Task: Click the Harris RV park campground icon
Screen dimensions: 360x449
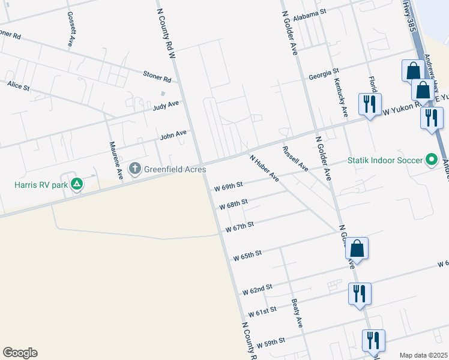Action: tap(76, 184)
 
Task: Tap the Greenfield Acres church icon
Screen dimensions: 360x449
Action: tap(136, 168)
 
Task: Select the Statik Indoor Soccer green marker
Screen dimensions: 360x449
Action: tap(431, 160)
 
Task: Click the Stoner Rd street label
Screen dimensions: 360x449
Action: tap(157, 76)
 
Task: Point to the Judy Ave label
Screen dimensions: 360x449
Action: tap(166, 106)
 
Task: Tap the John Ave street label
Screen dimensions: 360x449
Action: tap(173, 135)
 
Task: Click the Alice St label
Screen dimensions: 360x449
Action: tap(19, 86)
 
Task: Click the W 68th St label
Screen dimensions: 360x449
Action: tap(234, 205)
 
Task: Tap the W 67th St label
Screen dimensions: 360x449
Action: tap(240, 226)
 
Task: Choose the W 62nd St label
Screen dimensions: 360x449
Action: tap(258, 289)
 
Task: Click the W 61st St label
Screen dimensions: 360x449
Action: tap(262, 312)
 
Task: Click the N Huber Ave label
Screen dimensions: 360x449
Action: tap(265, 169)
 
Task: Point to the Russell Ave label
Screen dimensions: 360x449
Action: tap(295, 159)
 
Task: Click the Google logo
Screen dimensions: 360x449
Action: tap(20, 353)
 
